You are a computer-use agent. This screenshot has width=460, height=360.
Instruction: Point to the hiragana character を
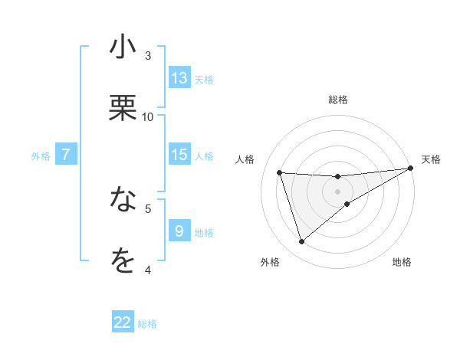pos(123,261)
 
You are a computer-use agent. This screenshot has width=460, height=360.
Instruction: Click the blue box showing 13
pos(179,77)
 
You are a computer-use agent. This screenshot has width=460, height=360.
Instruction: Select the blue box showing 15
pos(179,154)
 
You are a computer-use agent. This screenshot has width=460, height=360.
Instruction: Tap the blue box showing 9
pos(179,230)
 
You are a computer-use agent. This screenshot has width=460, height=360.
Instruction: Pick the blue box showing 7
pos(66,154)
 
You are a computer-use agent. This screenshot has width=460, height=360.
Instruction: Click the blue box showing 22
pos(123,322)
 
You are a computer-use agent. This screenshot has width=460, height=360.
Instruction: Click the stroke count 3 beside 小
pos(148,55)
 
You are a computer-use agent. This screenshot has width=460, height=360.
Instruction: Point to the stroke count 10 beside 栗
pos(148,116)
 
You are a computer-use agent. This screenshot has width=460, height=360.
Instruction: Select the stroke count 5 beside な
pos(148,208)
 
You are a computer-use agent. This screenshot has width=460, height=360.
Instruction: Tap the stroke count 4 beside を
pos(148,270)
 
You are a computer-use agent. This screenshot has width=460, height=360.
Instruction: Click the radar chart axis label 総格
pos(338,100)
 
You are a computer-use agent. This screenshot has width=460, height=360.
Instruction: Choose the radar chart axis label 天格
pos(431,159)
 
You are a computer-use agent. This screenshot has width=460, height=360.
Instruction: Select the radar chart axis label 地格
pos(402,263)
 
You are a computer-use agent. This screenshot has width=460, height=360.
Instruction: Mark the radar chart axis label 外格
pos(270,263)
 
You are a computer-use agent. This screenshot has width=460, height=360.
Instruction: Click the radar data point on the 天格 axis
pos(411,169)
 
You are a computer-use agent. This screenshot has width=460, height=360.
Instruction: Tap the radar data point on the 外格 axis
pos(301,242)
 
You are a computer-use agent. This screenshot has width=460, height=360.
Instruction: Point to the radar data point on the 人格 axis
pos(280,172)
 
